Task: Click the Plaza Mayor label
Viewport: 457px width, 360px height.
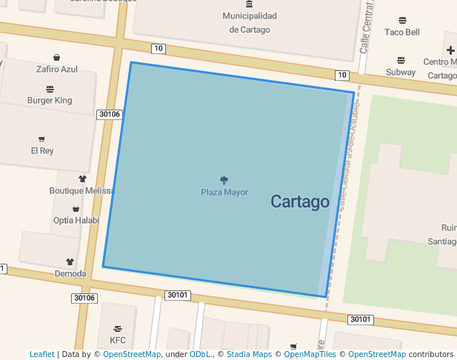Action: [x=224, y=193]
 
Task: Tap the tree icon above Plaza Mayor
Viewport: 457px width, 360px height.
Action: [x=224, y=180]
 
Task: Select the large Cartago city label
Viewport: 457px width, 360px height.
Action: [x=299, y=201]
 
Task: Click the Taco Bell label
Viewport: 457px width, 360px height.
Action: [x=402, y=33]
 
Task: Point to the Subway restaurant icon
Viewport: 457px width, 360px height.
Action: [x=401, y=60]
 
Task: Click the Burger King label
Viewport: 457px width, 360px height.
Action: [x=50, y=100]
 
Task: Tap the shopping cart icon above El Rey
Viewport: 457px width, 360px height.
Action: [x=41, y=139]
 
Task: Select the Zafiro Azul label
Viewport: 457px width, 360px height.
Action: [x=57, y=70]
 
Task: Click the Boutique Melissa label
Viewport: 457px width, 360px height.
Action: [x=81, y=190]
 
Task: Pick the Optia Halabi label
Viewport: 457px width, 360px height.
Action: [x=76, y=220]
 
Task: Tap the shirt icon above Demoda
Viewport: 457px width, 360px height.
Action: [x=70, y=261]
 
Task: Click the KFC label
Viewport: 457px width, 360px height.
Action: [x=118, y=340]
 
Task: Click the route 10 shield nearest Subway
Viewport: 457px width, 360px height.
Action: [x=341, y=75]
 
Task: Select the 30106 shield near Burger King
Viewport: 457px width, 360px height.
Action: [x=109, y=114]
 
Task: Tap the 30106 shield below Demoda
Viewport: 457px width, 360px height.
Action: [x=84, y=298]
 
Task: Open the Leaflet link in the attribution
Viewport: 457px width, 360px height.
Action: [x=41, y=355]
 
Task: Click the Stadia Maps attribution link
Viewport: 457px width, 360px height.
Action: [x=249, y=355]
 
